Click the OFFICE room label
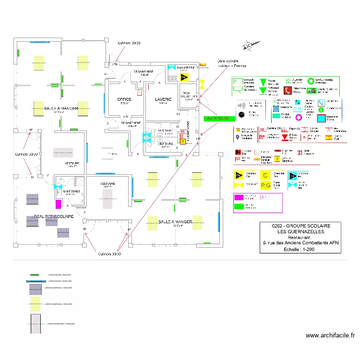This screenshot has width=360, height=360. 124,99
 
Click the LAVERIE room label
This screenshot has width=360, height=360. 163,99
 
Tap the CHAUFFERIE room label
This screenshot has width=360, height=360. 185,68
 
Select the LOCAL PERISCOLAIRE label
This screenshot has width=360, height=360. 53,216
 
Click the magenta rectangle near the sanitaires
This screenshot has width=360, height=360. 59,204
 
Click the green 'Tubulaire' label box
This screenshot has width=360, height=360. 216,118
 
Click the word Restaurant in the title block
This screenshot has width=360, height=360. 299,237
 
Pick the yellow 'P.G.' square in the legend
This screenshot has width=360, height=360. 265,185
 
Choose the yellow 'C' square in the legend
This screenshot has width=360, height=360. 265,175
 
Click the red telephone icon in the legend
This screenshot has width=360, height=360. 288,90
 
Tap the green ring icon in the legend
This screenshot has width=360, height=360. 311,82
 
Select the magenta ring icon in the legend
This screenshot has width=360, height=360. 299,117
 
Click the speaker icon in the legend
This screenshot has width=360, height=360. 242,105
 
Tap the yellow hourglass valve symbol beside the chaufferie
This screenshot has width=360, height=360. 203,84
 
